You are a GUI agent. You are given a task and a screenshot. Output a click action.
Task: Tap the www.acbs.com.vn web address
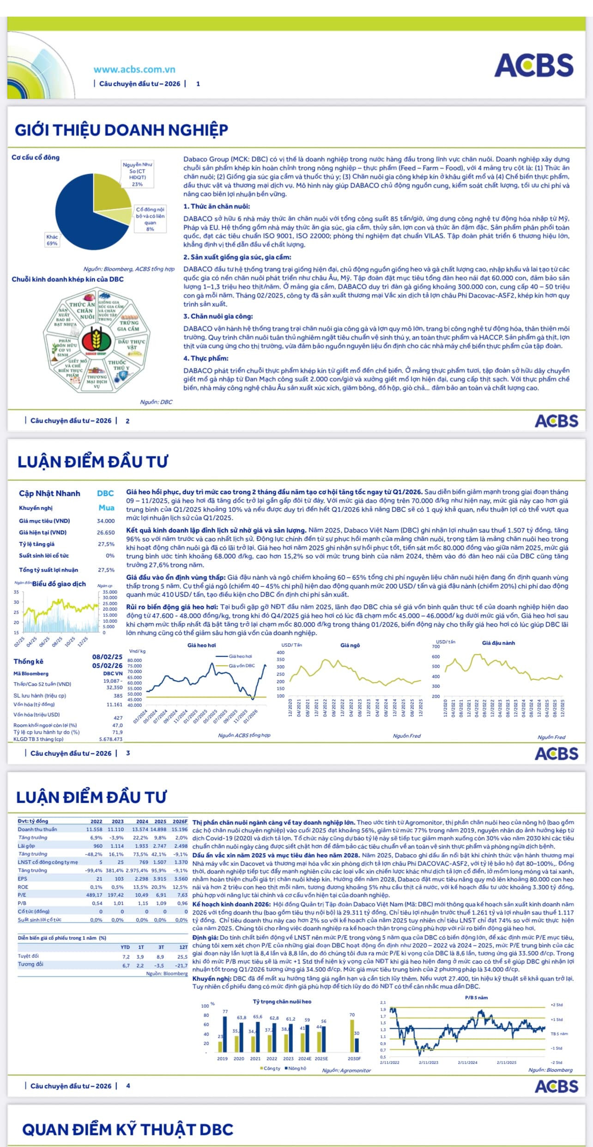coord(134,69)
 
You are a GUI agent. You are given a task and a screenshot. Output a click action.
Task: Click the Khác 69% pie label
coord(52,240)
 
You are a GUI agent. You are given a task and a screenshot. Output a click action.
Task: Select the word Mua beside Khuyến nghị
coord(106,508)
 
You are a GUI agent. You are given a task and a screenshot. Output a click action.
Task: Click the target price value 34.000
coord(106,521)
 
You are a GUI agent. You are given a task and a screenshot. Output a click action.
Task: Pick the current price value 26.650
coord(106,533)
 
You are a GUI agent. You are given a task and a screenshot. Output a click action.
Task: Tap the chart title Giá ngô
coord(350,645)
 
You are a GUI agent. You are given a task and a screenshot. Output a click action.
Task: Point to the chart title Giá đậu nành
coord(498,643)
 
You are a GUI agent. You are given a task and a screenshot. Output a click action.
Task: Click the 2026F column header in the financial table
coord(180,821)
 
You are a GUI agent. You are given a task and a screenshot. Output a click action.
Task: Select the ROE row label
coord(23,887)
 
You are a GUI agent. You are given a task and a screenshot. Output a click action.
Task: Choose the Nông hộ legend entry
coord(296,1068)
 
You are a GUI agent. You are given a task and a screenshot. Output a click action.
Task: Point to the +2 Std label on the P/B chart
coord(557,1005)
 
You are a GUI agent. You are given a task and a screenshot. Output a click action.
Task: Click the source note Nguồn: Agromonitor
coord(346,1070)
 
